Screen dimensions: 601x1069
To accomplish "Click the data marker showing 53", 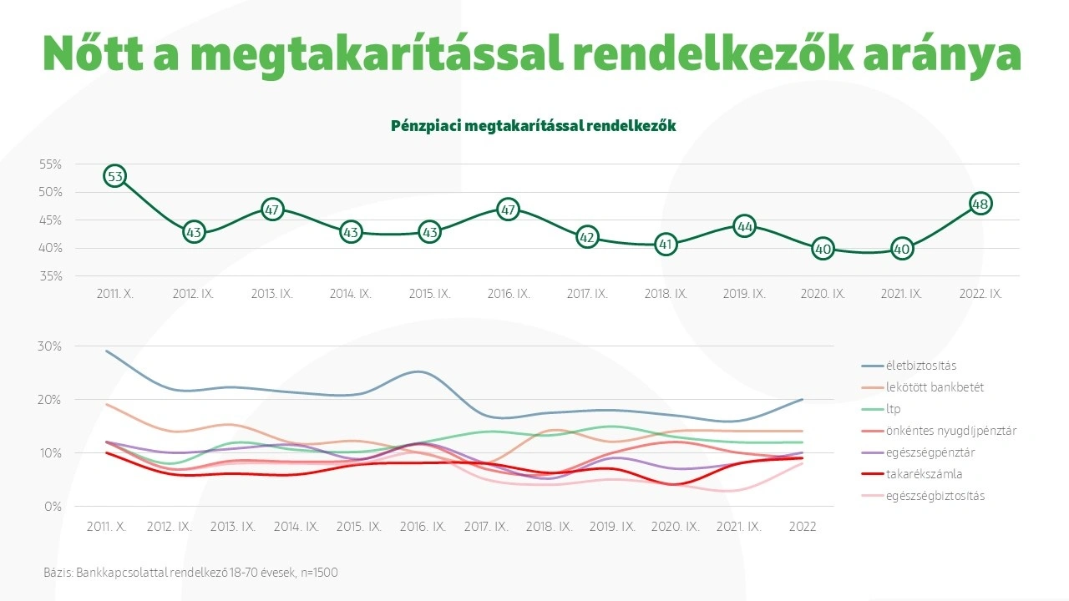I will [x=115, y=176].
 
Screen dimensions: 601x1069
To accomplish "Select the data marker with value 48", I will [x=980, y=204].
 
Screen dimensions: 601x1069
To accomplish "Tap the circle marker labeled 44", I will [x=744, y=226].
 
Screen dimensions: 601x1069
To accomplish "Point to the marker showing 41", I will [x=666, y=245].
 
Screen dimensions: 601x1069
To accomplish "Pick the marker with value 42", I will [x=587, y=238].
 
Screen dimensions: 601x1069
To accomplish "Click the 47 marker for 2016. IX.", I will [x=508, y=210].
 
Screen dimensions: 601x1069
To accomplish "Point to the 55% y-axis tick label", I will [x=51, y=164].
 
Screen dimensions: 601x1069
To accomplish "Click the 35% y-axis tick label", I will [x=51, y=276].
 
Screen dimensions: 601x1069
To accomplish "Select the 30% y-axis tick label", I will [x=51, y=346].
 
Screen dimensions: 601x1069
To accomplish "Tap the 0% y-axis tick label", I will [x=53, y=507].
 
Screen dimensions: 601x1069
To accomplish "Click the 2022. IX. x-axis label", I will [x=980, y=295].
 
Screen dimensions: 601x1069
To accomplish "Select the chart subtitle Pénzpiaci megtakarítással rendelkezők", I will [x=534, y=126].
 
